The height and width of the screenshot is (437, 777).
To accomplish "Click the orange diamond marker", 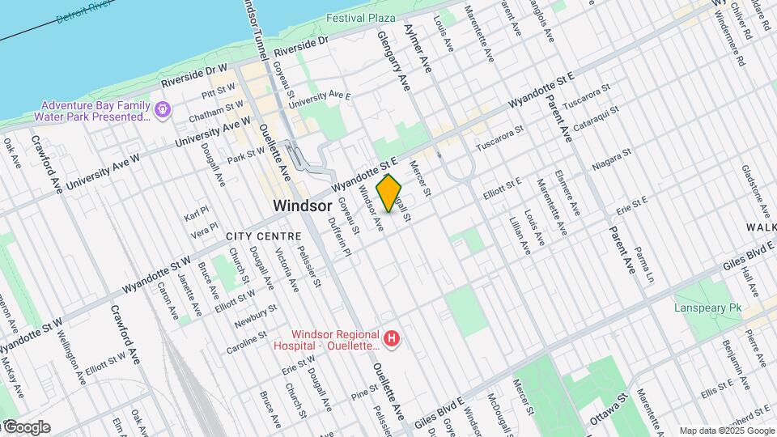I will coord(389,193).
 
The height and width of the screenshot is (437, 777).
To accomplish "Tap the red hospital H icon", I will coord(392,338).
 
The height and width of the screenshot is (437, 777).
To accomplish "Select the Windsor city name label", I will coord(303,206).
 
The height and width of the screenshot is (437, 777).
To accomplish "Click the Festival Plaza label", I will coord(361,18).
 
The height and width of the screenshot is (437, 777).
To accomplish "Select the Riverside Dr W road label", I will coord(194,74).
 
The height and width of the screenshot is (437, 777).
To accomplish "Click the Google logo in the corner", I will coord(27,427).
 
